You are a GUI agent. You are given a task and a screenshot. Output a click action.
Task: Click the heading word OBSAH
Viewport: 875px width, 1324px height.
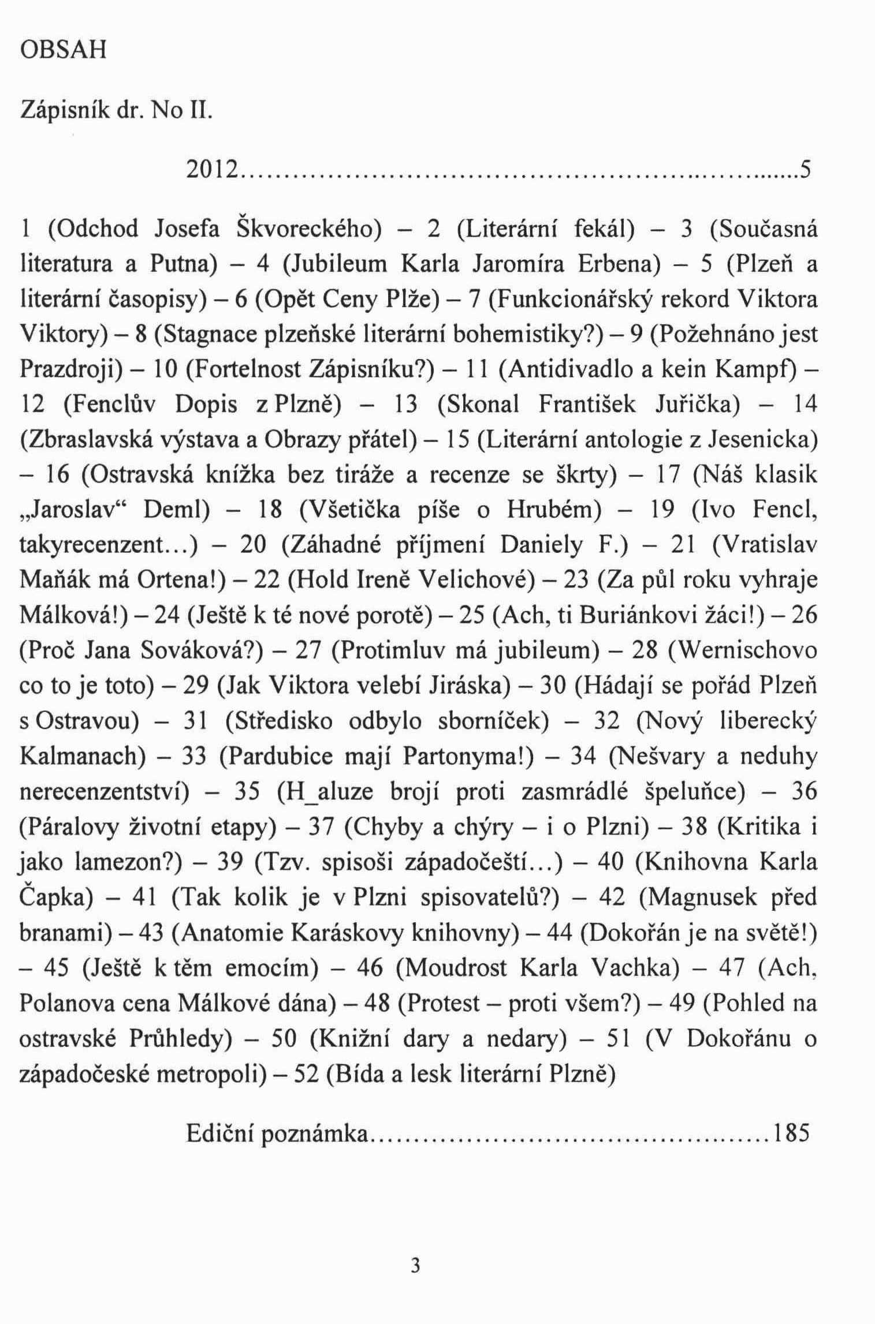pyautogui.click(x=64, y=51)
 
